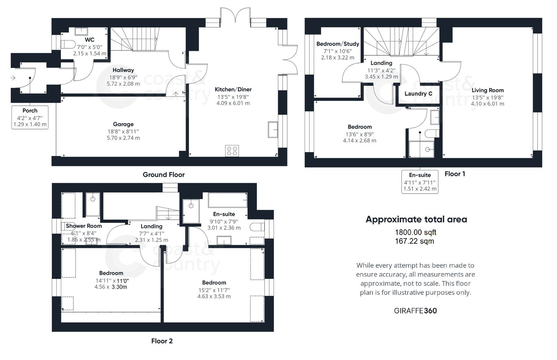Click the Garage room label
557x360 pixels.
pos(123,124)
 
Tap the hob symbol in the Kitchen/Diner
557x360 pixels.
pos(232,150)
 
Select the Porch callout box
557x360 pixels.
pos(30,117)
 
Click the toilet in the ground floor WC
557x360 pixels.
pos(68,44)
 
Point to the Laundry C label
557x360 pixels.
pos(418,94)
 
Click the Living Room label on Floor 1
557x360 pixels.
pos(487,90)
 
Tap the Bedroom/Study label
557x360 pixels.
pos(338,44)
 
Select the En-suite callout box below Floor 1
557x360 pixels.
pos(419,182)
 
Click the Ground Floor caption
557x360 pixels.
pos(164,175)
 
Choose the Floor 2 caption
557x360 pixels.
pos(162,341)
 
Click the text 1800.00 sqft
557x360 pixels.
pos(415,232)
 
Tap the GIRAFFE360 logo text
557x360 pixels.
pos(415,311)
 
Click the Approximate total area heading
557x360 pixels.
pos(416,219)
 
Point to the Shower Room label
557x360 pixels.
pos(84,226)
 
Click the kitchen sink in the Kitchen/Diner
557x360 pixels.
pos(273,130)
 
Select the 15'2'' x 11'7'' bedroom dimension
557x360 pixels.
pos(214,290)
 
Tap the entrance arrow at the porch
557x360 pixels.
pos(13,78)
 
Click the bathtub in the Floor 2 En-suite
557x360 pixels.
pos(228,201)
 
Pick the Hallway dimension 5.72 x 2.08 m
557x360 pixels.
pos(123,84)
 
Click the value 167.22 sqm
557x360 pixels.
pos(414,241)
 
